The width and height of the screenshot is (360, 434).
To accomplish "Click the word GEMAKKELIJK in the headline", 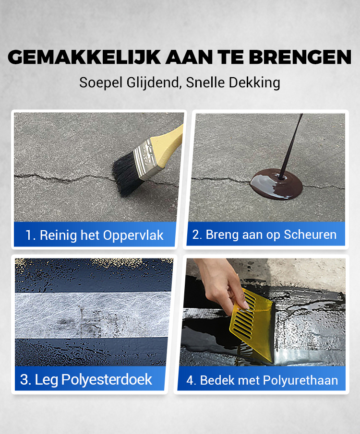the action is [84, 57].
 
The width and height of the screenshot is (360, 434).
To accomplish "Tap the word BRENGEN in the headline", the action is [300, 57].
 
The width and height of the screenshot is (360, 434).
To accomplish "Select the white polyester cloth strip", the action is [93, 315].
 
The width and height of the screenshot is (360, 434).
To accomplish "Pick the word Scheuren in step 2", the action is [310, 235].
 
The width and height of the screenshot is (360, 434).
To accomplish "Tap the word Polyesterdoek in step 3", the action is [107, 379].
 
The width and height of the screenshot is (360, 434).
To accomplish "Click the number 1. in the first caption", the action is [30, 235].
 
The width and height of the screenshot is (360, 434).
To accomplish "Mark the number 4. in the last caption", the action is [191, 380].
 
